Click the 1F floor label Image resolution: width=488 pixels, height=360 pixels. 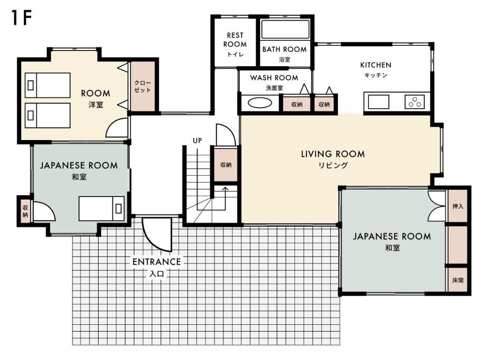click(x=21, y=18)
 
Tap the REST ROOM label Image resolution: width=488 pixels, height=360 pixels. click(x=235, y=40)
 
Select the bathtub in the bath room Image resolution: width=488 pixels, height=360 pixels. click(x=285, y=29)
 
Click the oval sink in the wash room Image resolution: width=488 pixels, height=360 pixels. click(x=260, y=102)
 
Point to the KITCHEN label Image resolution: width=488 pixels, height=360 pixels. click(x=376, y=65)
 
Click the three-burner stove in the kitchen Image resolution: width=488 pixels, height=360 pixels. click(x=415, y=101)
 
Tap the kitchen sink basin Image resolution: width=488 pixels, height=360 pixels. click(x=378, y=102)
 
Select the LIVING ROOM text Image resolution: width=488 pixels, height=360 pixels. click(x=333, y=154)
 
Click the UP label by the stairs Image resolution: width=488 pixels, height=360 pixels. click(x=197, y=140)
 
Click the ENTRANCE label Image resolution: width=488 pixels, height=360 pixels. click(x=156, y=262)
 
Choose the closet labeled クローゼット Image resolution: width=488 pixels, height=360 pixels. click(x=143, y=86)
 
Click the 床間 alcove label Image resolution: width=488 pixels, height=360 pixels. click(x=458, y=280)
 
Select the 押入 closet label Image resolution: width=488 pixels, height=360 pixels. click(x=458, y=206)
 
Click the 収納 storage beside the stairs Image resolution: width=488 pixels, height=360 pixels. click(x=225, y=164)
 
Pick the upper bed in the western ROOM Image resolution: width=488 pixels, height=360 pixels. click(x=47, y=85)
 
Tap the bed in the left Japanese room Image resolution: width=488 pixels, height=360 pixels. click(x=102, y=208)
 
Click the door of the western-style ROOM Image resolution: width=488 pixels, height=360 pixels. click(x=117, y=128)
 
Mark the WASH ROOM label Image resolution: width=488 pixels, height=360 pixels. click(x=274, y=78)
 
